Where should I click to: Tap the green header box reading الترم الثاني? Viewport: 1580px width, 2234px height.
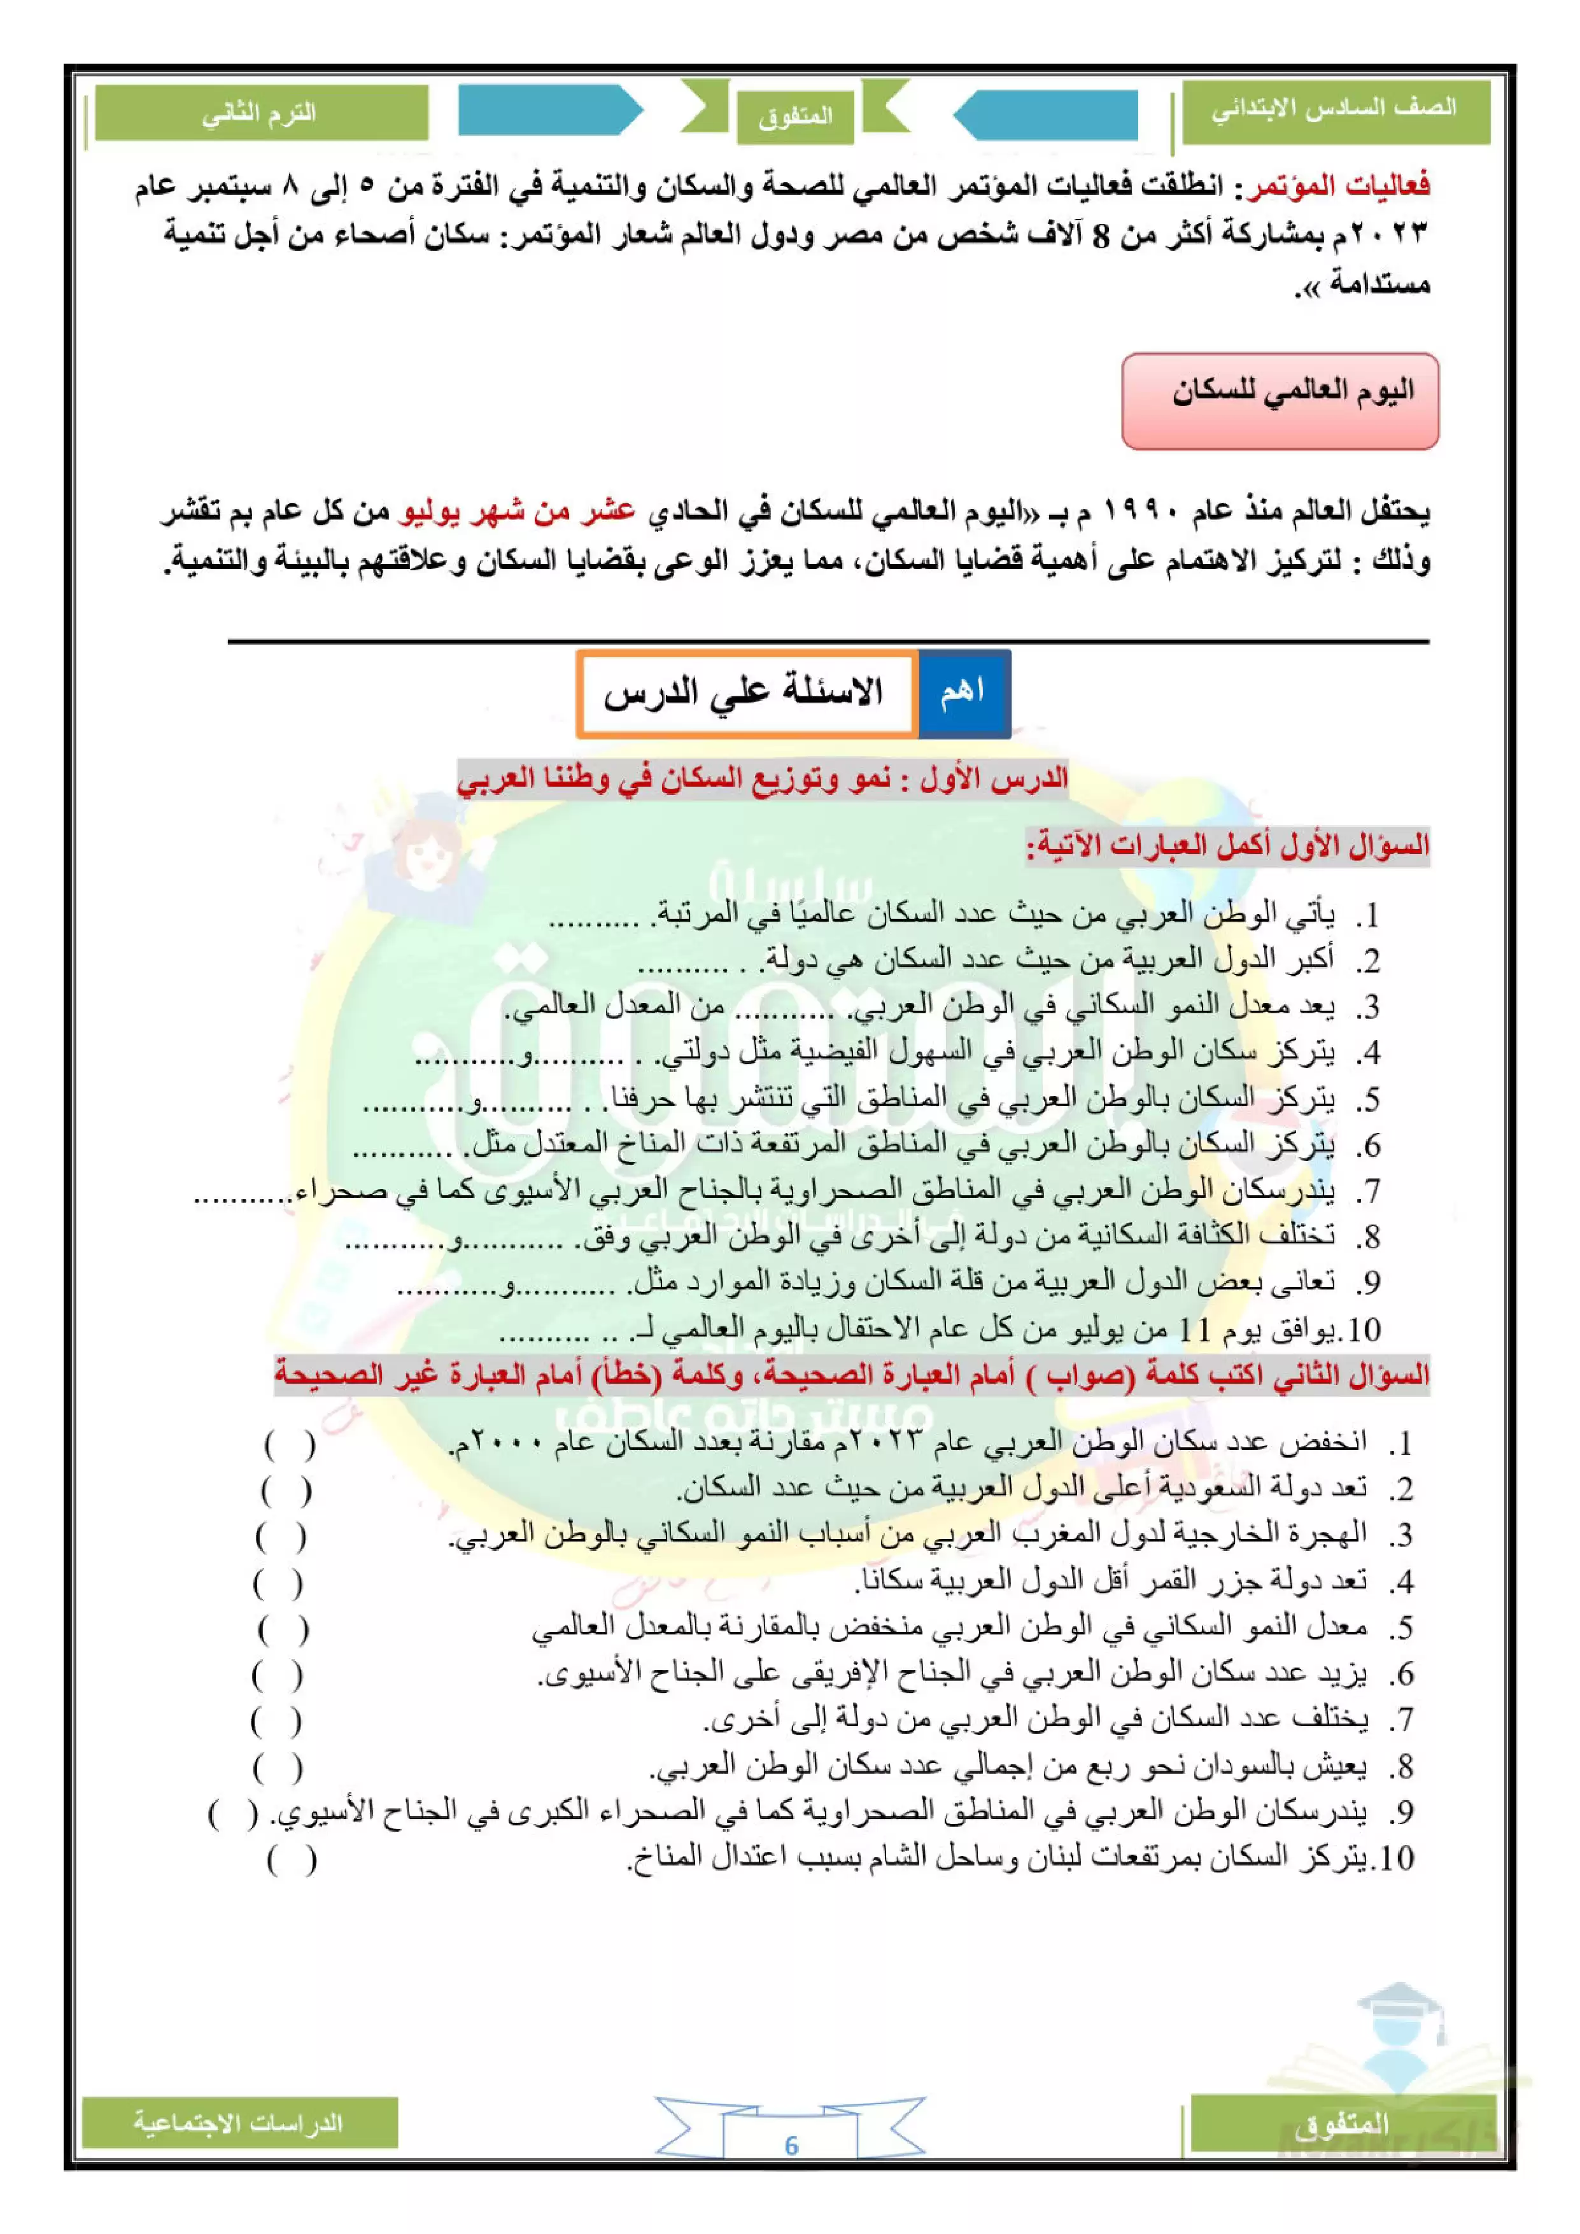(x=260, y=114)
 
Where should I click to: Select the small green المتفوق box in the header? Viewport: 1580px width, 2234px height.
(x=795, y=116)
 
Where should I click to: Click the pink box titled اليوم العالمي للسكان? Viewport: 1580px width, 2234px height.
(x=1280, y=401)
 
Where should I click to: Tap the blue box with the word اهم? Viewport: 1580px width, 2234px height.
(x=963, y=692)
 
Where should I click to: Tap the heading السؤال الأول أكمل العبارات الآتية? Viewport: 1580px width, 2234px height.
(x=1228, y=845)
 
